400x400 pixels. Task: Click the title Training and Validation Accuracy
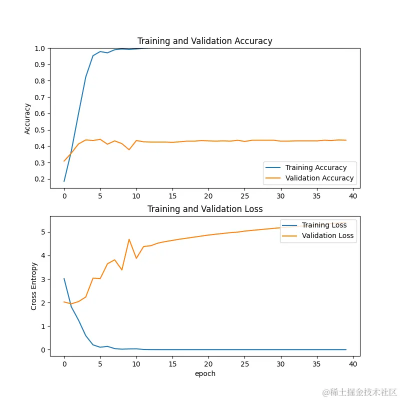(205, 41)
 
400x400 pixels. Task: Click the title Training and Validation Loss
(205, 209)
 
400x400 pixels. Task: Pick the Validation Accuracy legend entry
(319, 178)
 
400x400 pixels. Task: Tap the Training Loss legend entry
(323, 225)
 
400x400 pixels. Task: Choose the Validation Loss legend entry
(327, 235)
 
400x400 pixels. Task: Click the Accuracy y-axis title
(27, 118)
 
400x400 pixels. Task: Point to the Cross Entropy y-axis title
(34, 286)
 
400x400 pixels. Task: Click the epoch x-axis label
(205, 373)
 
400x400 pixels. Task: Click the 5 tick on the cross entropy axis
(44, 232)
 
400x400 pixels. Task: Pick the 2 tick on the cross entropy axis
(44, 302)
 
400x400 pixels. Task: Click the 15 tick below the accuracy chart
(172, 195)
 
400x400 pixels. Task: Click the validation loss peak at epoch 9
(129, 239)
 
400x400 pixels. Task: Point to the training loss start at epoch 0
(64, 278)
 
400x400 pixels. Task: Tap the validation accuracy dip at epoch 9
(129, 149)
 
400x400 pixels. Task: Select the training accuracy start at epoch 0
(64, 181)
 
